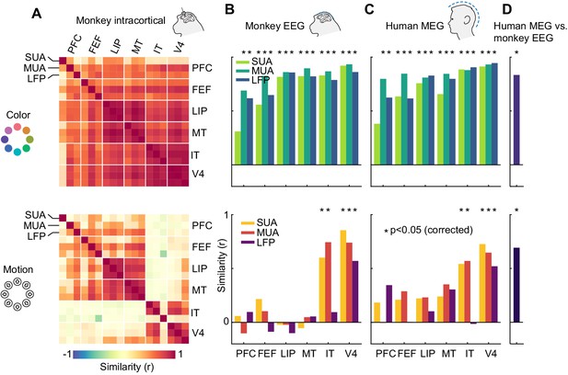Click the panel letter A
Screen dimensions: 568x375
pos(37,14)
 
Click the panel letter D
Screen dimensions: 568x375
pos(506,9)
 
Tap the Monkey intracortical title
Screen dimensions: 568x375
pos(121,20)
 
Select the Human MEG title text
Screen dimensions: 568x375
pos(414,26)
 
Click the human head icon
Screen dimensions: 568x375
pos(463,20)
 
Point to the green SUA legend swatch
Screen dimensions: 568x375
pos(241,62)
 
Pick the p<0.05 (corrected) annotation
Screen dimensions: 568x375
pos(428,230)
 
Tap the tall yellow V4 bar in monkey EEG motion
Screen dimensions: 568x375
pos(342,276)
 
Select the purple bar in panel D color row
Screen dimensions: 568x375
pos(516,120)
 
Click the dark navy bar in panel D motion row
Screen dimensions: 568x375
pos(516,285)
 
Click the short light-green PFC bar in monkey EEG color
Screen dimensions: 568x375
pos(238,148)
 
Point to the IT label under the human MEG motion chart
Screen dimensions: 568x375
pos(469,353)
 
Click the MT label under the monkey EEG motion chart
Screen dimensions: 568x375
pos(308,353)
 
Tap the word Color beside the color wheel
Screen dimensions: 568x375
pos(18,116)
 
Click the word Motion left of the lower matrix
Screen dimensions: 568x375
pos(18,270)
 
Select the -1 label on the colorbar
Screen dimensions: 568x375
pos(67,354)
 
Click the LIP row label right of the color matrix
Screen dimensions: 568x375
pos(200,111)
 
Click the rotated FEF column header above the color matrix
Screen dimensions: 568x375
pos(95,46)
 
